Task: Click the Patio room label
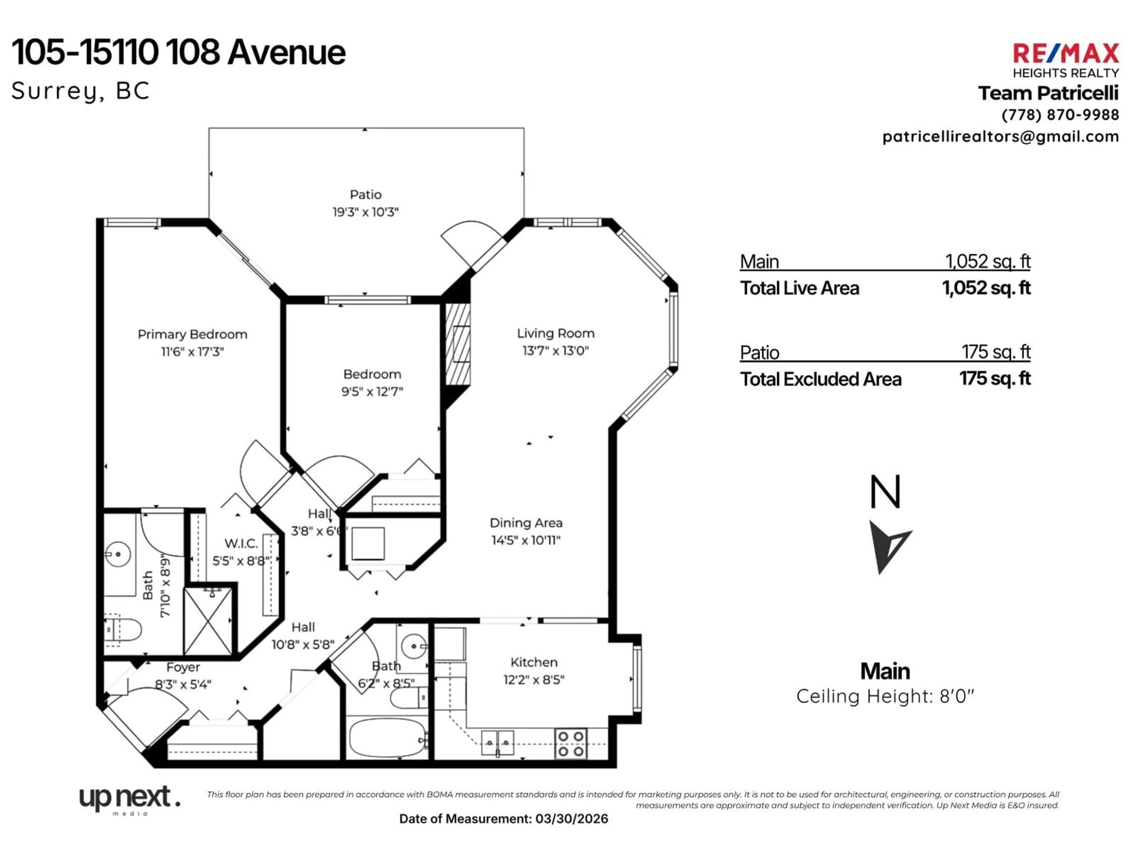tap(365, 194)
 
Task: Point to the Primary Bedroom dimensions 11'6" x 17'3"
tap(192, 352)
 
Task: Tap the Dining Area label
tap(526, 523)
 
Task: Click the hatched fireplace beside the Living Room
tap(457, 344)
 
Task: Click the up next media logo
tap(129, 799)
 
